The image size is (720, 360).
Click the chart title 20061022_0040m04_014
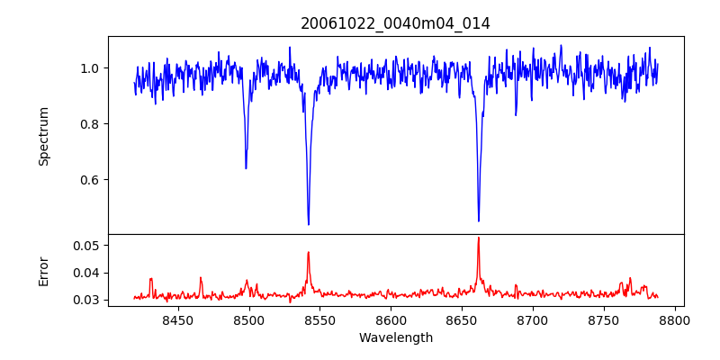pos(396,23)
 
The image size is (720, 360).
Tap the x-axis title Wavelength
pos(396,337)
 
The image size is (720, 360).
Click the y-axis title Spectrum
pos(43,136)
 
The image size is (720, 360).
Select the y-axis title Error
pos(43,270)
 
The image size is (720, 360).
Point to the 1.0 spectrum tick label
pos(89,68)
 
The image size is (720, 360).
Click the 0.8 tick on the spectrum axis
pos(89,124)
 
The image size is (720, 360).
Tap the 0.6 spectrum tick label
pos(89,180)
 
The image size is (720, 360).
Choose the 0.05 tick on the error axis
pos(85,246)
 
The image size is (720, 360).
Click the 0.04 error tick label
pos(85,273)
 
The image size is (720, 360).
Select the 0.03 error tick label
pos(85,300)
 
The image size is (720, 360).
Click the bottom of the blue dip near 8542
pos(309,224)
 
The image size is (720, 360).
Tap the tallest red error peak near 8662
pos(479,238)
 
